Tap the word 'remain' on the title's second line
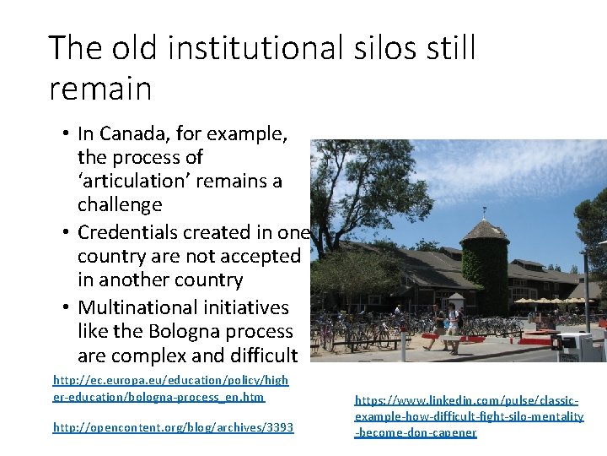(100, 88)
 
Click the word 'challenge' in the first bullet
(120, 204)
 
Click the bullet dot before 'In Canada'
(66, 134)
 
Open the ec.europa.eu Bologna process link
(169, 388)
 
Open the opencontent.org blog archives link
(173, 428)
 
